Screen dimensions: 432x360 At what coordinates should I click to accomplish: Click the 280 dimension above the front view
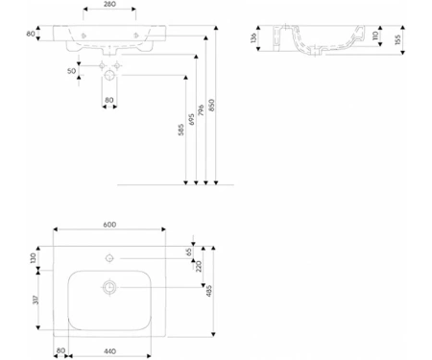[x=109, y=5]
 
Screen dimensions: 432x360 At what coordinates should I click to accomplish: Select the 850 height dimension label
[x=211, y=105]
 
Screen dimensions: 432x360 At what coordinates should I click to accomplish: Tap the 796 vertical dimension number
[x=201, y=109]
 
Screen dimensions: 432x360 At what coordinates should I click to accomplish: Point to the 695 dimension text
[x=191, y=119]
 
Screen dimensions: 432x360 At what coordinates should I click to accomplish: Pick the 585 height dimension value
[x=180, y=130]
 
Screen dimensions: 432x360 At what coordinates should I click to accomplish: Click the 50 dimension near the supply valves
[x=72, y=71]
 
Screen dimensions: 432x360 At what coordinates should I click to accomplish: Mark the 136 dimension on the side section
[x=253, y=37]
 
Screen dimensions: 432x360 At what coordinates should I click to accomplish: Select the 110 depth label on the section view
[x=375, y=36]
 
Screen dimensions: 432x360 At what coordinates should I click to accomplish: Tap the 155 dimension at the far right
[x=397, y=39]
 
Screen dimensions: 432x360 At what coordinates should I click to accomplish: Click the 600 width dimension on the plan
[x=109, y=225]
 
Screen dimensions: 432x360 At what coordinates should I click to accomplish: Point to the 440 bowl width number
[x=109, y=351]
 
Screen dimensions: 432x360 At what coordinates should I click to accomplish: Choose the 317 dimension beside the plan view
[x=36, y=300]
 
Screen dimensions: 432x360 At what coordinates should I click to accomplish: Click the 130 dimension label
[x=33, y=258]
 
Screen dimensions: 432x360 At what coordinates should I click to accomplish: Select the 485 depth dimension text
[x=209, y=291]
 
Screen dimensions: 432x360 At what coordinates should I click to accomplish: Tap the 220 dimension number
[x=199, y=266]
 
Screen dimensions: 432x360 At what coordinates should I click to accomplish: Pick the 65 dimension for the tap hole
[x=189, y=252]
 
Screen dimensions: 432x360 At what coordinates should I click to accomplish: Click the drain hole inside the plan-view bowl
[x=109, y=287]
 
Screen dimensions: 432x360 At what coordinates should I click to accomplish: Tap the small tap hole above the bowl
[x=109, y=258]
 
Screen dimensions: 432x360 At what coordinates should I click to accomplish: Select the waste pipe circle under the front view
[x=109, y=76]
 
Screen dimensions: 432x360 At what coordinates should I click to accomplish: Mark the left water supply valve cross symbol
[x=102, y=66]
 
